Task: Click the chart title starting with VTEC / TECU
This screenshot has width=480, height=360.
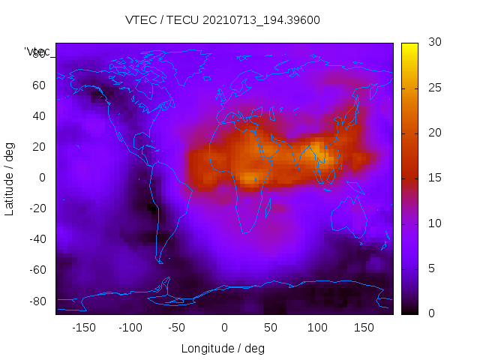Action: [x=223, y=20]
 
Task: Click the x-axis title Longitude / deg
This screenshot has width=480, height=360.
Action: [x=223, y=348]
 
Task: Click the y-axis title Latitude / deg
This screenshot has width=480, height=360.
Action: [x=10, y=177]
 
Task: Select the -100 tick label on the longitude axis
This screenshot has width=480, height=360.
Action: [x=130, y=328]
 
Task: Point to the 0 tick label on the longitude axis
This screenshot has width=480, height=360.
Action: [x=224, y=328]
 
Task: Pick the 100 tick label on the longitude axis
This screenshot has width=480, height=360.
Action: [x=317, y=328]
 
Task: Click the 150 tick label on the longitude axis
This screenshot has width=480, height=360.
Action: [x=364, y=328]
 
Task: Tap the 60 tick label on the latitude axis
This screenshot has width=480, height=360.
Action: [x=39, y=85]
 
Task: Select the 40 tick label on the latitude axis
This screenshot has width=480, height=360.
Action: [x=39, y=115]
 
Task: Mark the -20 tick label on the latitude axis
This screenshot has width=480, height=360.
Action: [x=37, y=208]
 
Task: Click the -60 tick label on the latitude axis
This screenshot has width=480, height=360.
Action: [x=37, y=270]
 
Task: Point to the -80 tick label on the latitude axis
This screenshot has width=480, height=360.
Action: [x=37, y=301]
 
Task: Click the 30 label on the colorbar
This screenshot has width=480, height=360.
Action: [x=434, y=43]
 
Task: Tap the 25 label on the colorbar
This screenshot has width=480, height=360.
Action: [x=434, y=88]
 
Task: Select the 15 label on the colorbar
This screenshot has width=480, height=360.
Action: [x=434, y=178]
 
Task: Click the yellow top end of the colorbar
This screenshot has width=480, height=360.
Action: [x=409, y=46]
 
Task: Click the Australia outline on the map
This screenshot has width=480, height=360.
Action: [x=349, y=218]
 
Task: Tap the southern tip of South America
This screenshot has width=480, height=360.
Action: [x=160, y=262]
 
